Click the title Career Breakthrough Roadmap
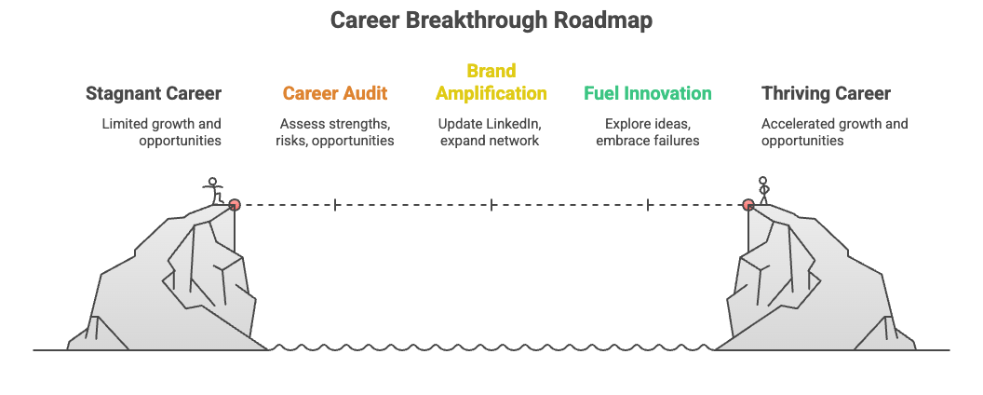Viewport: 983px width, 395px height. click(x=491, y=20)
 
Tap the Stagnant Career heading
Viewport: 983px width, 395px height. click(x=154, y=93)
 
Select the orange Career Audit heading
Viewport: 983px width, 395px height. click(x=335, y=93)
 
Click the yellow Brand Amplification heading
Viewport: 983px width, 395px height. click(x=491, y=82)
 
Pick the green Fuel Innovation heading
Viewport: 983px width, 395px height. click(x=648, y=93)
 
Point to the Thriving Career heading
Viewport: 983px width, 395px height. click(x=826, y=93)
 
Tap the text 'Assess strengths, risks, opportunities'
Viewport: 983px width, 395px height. click(x=335, y=131)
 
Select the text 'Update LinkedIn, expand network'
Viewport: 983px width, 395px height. click(x=491, y=131)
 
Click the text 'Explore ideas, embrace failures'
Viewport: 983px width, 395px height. click(x=648, y=131)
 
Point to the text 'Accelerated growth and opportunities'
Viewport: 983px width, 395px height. click(x=834, y=131)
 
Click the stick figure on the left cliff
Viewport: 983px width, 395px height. click(x=214, y=190)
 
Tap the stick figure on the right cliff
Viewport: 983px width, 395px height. click(x=764, y=189)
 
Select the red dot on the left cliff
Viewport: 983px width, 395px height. click(x=235, y=204)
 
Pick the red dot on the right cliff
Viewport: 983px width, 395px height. click(x=748, y=204)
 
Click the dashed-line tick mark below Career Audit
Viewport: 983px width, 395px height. click(x=335, y=204)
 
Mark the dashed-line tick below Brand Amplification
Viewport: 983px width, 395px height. click(x=491, y=204)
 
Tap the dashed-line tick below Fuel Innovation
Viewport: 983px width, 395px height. click(x=648, y=204)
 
